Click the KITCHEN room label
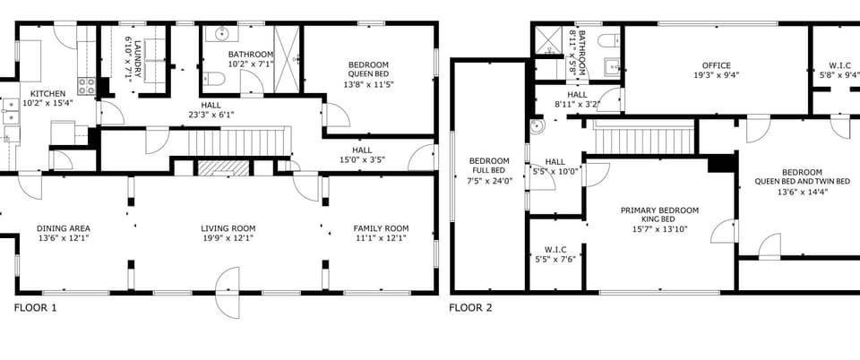(47, 94)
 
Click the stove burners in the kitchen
(87, 85)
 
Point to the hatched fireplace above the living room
(223, 168)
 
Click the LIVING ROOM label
(228, 228)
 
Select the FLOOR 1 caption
(35, 308)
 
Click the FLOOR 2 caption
(470, 308)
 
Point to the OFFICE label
(716, 65)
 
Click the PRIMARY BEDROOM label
(659, 210)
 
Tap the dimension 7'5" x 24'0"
(482, 180)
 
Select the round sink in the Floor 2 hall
(536, 126)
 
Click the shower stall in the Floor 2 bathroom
(546, 38)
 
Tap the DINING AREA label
(63, 228)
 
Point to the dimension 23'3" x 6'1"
(211, 115)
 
